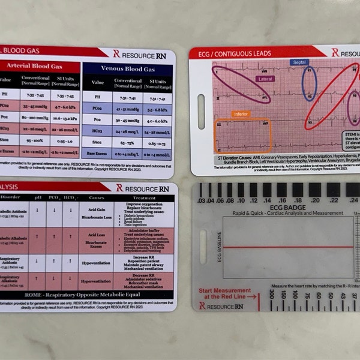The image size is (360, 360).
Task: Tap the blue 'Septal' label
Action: click(300, 62)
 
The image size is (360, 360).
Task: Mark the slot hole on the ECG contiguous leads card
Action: click(200, 104)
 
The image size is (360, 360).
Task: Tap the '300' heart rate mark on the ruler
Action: click(271, 295)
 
